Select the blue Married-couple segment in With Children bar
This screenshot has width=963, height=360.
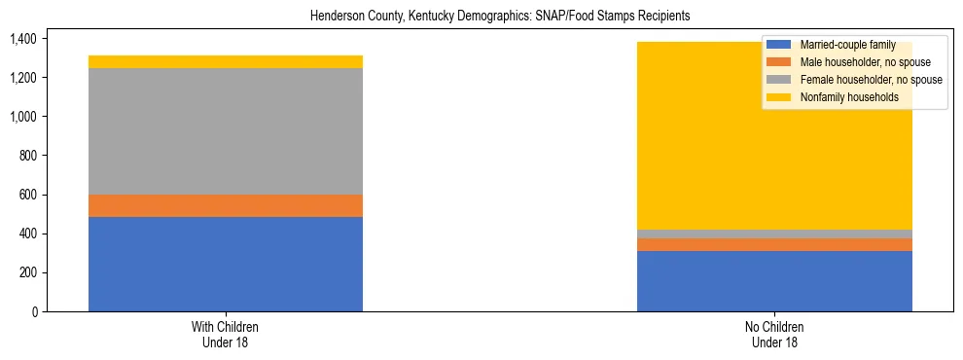pyautogui.click(x=226, y=264)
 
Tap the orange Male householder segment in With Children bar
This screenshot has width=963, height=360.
pyautogui.click(x=226, y=205)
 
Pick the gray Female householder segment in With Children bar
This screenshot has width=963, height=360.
pyautogui.click(x=226, y=131)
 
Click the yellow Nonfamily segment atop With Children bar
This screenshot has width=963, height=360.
pyautogui.click(x=226, y=62)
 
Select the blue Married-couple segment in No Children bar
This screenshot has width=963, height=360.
pyautogui.click(x=774, y=281)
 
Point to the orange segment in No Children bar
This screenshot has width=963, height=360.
pyautogui.click(x=774, y=244)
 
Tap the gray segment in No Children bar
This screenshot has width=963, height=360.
pyautogui.click(x=774, y=234)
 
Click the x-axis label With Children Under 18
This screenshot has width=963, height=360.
pyautogui.click(x=226, y=334)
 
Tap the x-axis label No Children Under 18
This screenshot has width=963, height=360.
pyautogui.click(x=774, y=334)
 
